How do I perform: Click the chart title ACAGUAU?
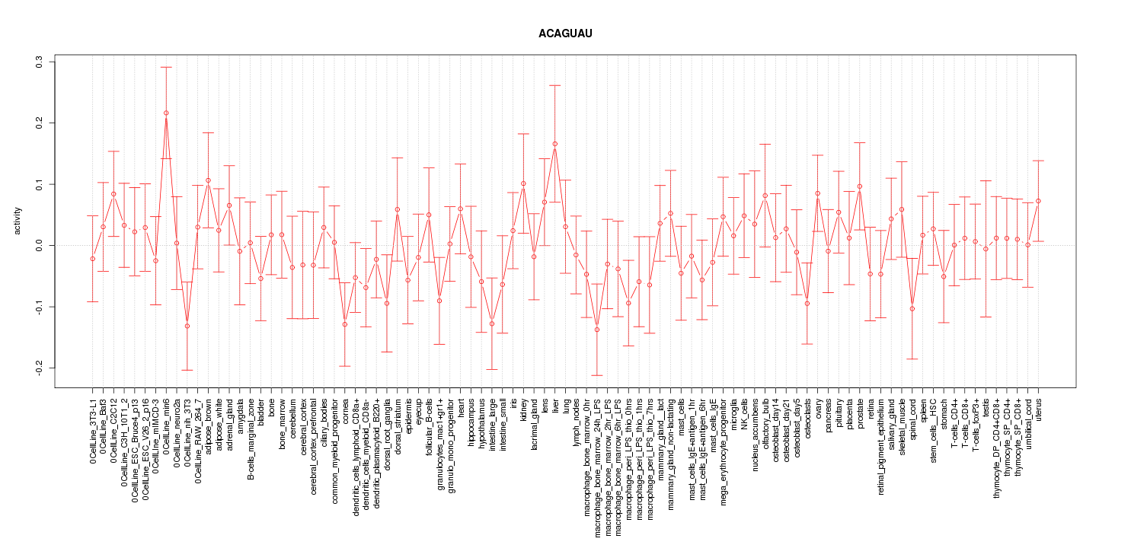tap(565, 34)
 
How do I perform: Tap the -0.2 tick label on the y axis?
tap(40, 368)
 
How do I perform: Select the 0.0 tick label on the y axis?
tap(40, 246)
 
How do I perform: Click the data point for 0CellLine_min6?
tap(166, 113)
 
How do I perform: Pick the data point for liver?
tap(555, 144)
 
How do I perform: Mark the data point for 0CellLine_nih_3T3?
tap(187, 326)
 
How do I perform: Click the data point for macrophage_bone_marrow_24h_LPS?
tap(597, 330)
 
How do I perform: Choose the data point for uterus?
tap(1038, 201)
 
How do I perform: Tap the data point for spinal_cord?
tap(912, 308)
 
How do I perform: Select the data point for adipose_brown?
tap(208, 180)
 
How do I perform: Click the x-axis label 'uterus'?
tap(1038, 411)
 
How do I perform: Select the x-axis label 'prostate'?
tap(860, 414)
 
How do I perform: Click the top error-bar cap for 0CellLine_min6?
tap(166, 67)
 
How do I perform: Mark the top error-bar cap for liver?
tap(555, 85)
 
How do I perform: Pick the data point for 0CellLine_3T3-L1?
tap(93, 259)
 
